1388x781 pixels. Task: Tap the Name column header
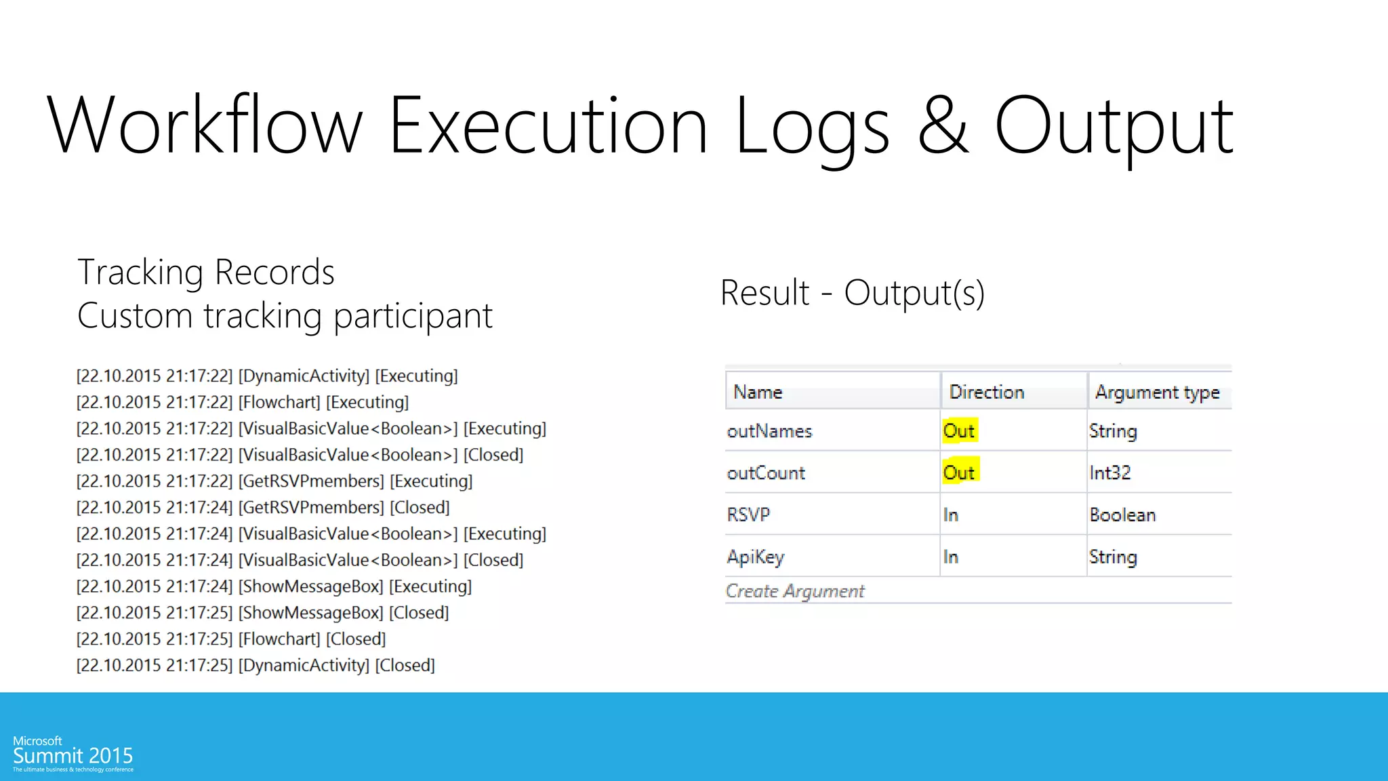(758, 392)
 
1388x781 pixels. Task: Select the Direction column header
(986, 392)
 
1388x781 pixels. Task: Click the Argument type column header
(1157, 393)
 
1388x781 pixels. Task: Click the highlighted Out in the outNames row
(959, 430)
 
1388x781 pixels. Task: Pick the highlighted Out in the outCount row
(959, 472)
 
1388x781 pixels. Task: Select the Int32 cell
(1109, 473)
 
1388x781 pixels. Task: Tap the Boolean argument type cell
(1122, 515)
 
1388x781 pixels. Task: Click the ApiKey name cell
(756, 557)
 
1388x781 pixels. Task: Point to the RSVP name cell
(748, 515)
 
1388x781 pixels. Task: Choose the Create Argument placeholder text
(795, 591)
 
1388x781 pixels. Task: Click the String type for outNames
(1113, 431)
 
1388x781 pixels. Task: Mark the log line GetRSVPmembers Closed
(263, 507)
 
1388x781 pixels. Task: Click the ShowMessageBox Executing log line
(274, 586)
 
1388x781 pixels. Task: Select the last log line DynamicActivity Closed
(256, 665)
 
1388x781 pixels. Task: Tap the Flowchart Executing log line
(243, 402)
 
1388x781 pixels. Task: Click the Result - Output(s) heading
(852, 293)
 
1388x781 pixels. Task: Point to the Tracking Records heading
(206, 272)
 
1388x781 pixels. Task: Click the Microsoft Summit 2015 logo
(73, 753)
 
